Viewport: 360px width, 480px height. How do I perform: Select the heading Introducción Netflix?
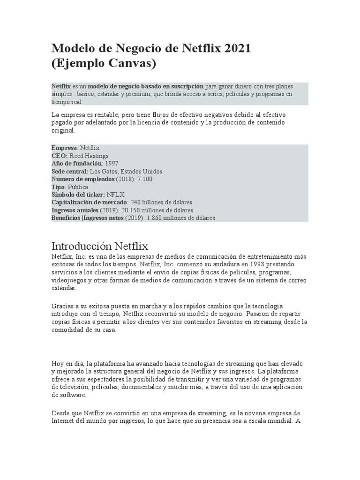coord(99,246)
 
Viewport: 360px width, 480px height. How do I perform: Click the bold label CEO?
coord(60,156)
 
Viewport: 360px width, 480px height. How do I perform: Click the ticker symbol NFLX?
coord(116,195)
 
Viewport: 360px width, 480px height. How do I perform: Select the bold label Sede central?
coord(70,171)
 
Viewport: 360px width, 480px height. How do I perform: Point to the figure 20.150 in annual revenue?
coord(133,210)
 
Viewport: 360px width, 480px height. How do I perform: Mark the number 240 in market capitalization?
coord(136,202)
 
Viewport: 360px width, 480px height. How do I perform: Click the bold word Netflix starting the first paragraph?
coord(61,87)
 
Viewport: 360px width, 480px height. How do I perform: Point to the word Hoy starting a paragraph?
coord(58,364)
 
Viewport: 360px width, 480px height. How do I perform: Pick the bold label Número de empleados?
coord(82,179)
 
